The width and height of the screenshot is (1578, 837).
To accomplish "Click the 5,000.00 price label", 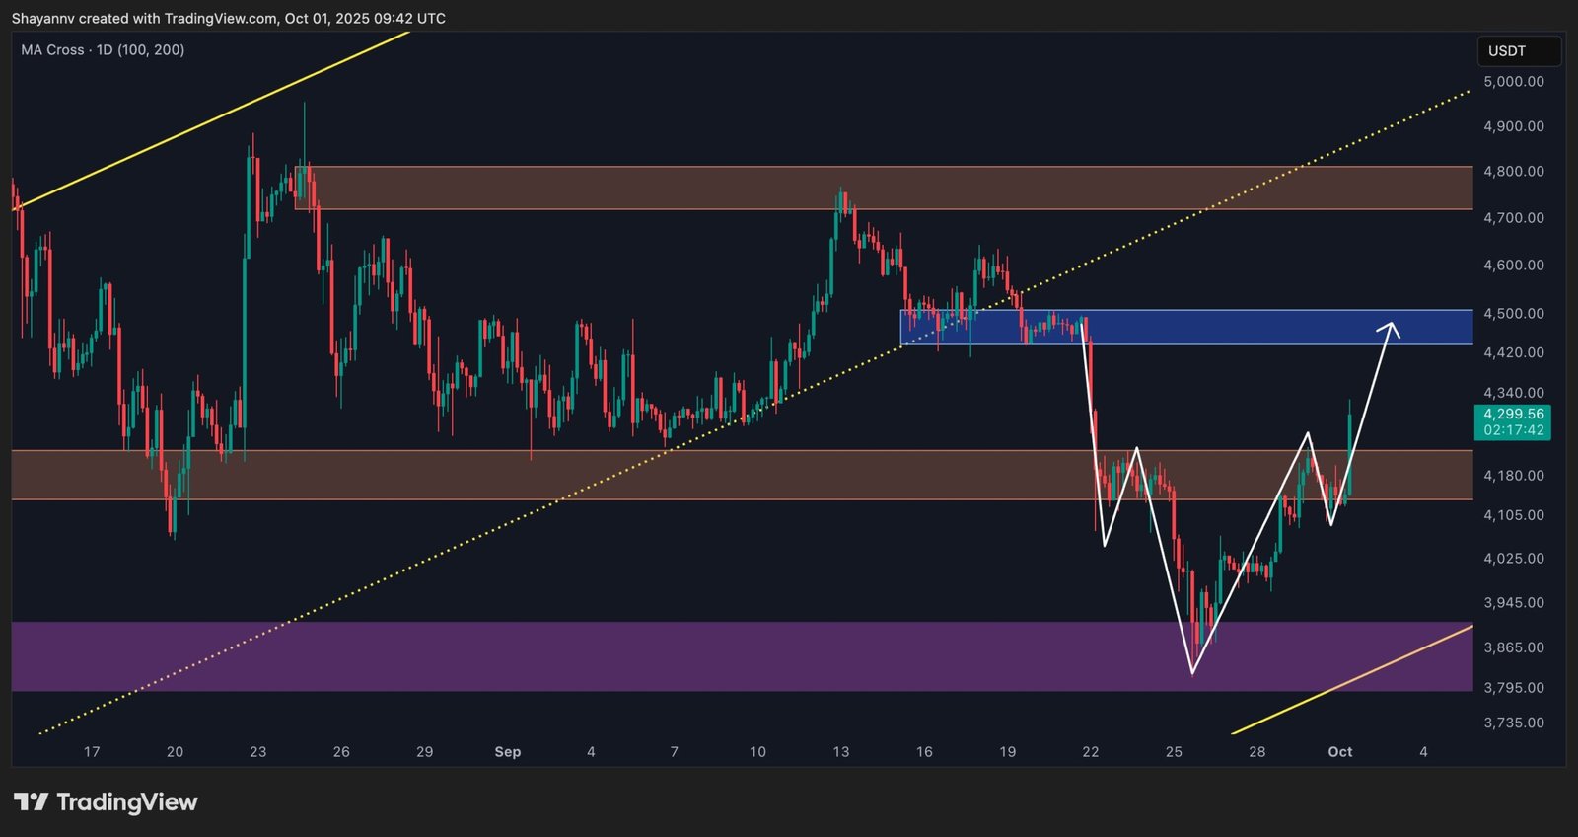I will coord(1513,82).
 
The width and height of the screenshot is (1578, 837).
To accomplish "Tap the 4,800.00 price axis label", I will coord(1513,171).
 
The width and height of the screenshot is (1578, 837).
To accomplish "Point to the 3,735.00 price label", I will coord(1513,723).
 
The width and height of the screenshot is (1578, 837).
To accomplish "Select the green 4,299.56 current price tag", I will coord(1513,421).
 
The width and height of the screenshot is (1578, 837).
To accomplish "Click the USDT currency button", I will coord(1507,51).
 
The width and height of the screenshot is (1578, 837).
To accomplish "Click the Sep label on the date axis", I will coord(507,752).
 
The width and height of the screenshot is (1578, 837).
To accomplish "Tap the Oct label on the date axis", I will coord(1339,752).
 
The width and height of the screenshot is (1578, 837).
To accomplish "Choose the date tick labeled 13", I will coord(840,752).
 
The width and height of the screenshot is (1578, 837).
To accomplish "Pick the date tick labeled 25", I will coord(1174,752).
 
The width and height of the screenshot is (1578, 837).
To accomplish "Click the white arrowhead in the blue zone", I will coord(1392,326).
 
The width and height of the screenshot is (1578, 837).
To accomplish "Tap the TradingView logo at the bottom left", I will coord(106,801).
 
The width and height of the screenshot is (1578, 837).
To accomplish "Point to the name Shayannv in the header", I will coord(43,19).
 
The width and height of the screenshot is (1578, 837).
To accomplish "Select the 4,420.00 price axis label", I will coord(1513,352).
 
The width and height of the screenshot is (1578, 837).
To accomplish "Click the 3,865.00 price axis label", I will coord(1513,647).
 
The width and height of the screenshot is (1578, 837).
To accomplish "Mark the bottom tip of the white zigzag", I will coord(1192,673).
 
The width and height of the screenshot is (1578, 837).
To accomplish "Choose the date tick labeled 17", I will coord(92,752).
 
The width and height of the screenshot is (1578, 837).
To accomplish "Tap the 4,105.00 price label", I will coord(1513,515).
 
